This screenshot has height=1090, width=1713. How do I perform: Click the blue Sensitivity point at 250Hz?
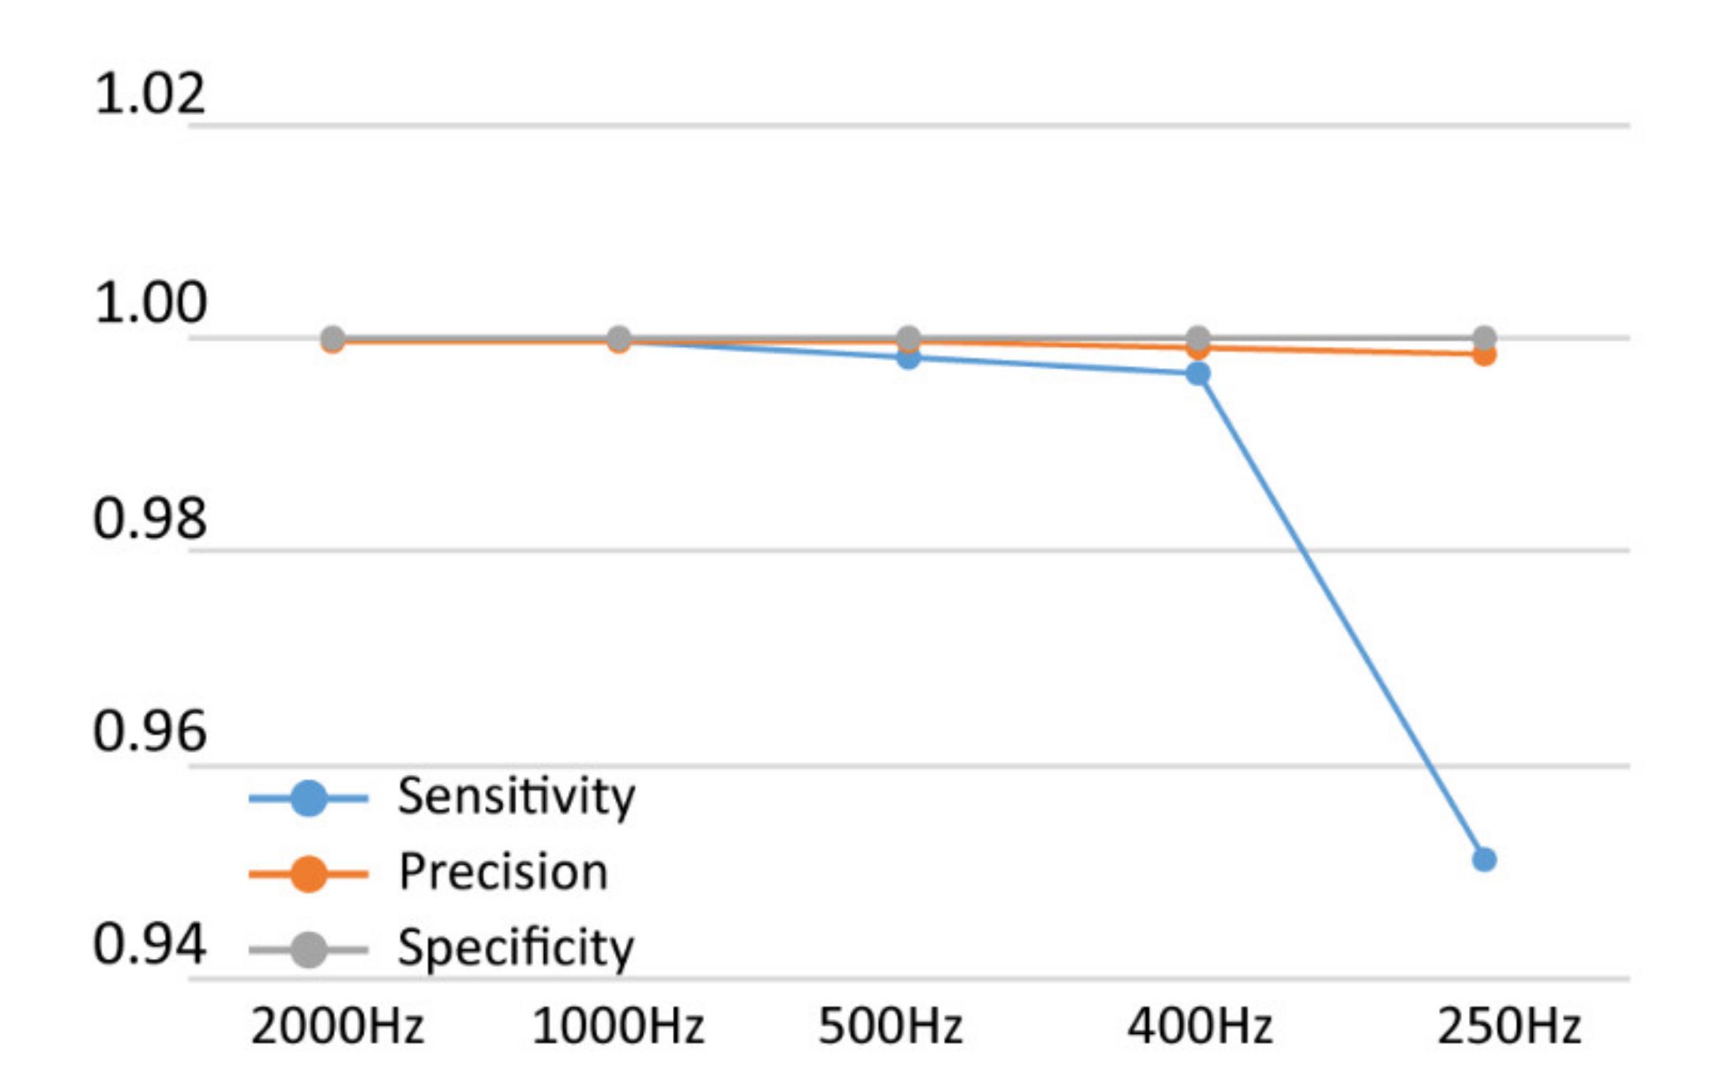[x=1484, y=859]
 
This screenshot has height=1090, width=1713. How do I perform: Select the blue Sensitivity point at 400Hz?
[x=1198, y=374]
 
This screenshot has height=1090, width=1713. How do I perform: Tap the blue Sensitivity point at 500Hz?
[x=909, y=358]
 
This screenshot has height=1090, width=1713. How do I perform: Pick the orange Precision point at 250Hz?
[x=1485, y=355]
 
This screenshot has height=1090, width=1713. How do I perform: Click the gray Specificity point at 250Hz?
[x=1485, y=338]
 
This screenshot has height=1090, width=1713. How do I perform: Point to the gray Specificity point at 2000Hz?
[x=333, y=339]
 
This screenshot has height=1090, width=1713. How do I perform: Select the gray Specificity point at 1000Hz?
[x=619, y=339]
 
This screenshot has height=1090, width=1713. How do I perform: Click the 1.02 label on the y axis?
[x=149, y=93]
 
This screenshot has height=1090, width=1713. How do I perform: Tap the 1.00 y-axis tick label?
[x=149, y=303]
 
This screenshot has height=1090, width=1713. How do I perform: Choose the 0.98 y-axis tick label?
[x=149, y=519]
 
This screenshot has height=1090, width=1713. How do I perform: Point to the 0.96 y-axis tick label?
[x=149, y=731]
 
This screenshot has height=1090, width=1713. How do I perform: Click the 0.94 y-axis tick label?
[x=149, y=944]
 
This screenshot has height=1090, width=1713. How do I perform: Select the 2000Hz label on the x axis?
[x=337, y=1027]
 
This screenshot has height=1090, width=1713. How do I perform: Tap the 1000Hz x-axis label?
[x=618, y=1027]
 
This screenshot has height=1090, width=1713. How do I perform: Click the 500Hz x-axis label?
[x=890, y=1027]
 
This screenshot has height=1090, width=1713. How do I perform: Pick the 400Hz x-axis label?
[x=1200, y=1027]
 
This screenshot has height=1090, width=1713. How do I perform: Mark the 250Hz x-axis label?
[x=1508, y=1027]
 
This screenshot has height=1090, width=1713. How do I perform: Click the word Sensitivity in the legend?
[x=516, y=796]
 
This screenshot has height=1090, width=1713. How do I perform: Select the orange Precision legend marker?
[x=309, y=874]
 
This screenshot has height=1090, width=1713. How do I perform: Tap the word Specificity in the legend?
[x=516, y=947]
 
